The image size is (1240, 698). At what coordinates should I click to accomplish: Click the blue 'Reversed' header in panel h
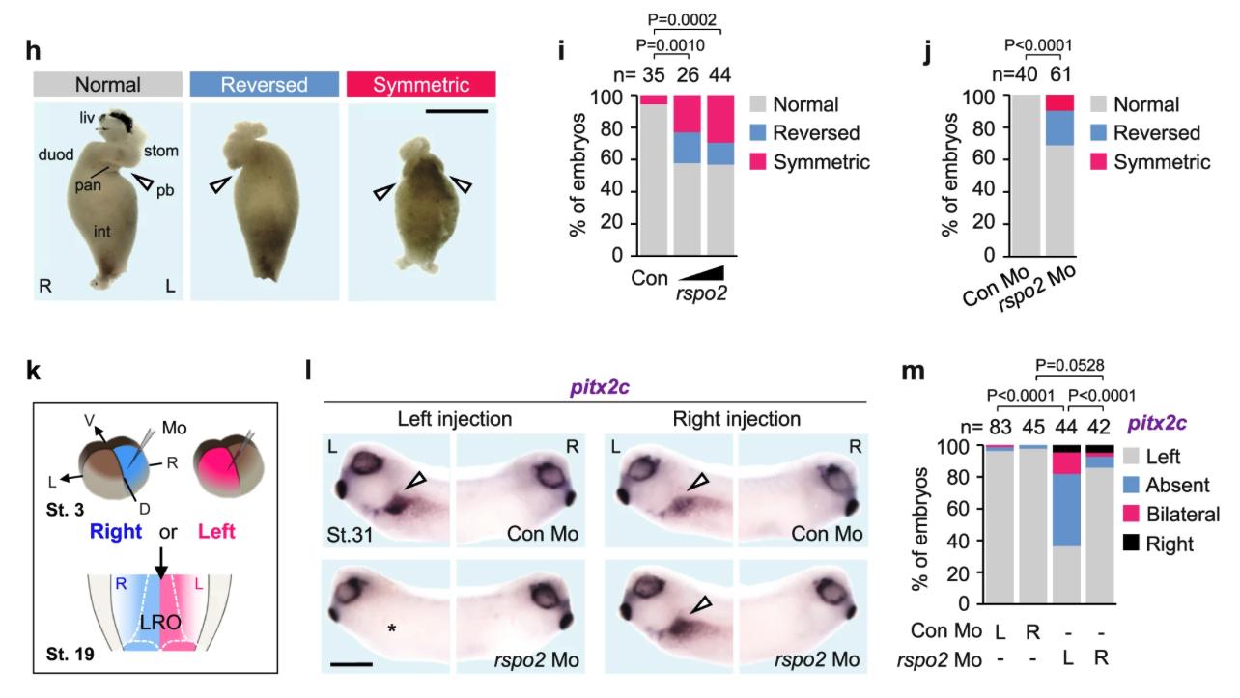pos(264,84)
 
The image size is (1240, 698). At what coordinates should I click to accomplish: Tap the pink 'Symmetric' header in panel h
pos(420,84)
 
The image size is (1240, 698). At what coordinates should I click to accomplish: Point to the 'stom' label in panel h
pos(159,151)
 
